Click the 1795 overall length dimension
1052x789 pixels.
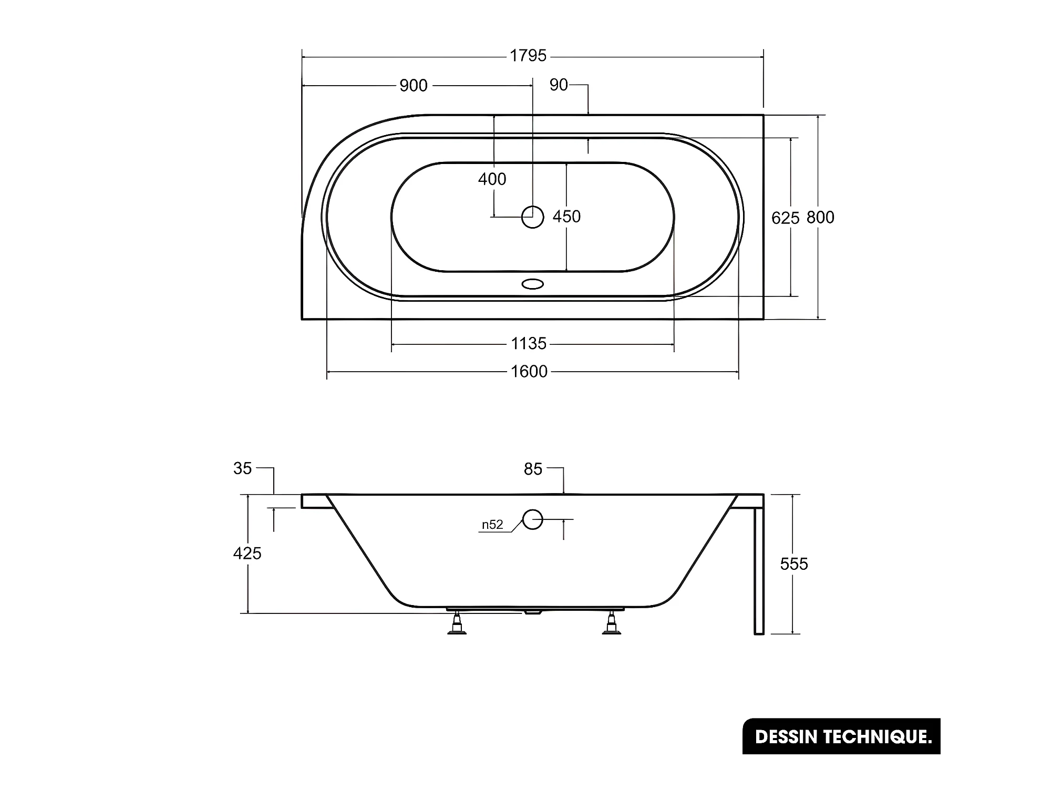point(528,56)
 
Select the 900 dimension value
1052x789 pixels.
point(414,86)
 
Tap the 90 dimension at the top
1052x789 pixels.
point(559,85)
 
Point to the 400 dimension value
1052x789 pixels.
point(492,179)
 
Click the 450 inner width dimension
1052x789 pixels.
point(566,217)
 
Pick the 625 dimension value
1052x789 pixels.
point(785,218)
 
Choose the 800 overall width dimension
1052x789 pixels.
point(820,217)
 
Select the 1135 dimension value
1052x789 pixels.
point(529,344)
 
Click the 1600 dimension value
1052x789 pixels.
point(529,372)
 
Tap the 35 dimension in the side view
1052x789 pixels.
point(243,468)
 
